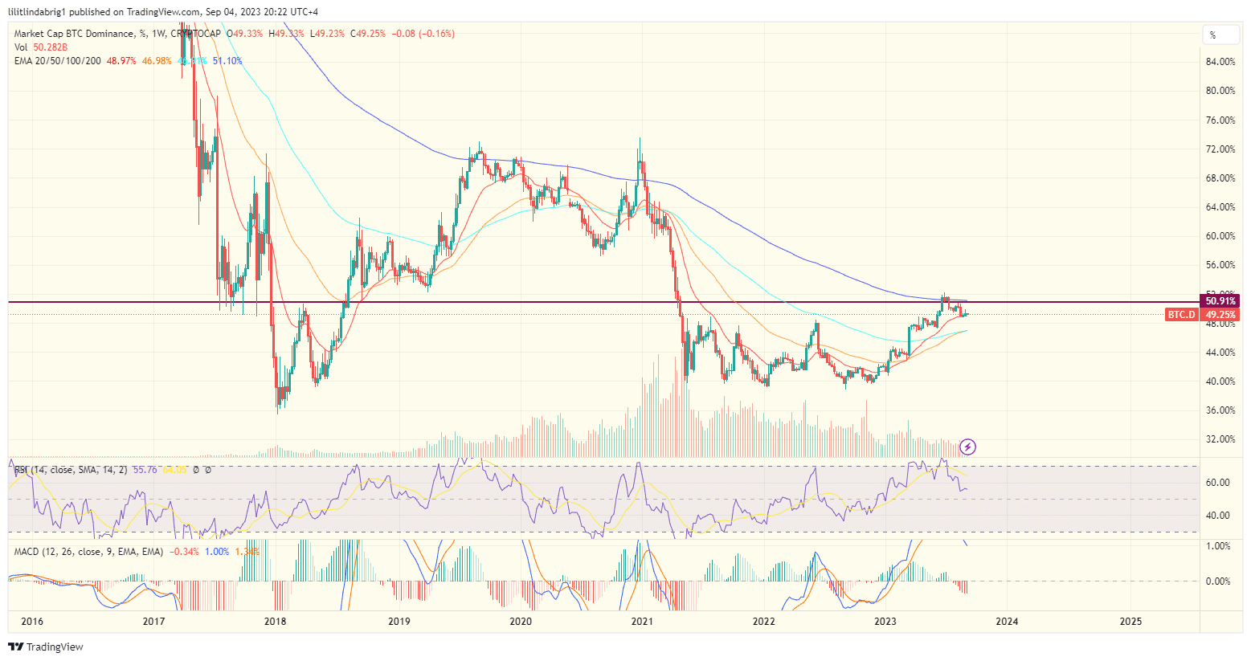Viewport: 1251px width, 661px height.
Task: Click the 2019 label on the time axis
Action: tap(399, 621)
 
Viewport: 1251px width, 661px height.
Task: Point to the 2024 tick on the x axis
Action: tap(1007, 621)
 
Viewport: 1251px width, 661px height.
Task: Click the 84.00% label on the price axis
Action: tap(1220, 62)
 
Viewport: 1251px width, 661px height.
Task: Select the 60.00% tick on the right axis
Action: tap(1220, 236)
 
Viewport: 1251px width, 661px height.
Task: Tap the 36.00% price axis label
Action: tap(1220, 410)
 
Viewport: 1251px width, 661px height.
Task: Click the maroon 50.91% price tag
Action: tap(1220, 301)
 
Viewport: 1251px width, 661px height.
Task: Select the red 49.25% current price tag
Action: tap(1220, 315)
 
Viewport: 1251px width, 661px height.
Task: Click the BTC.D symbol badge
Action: tap(1181, 315)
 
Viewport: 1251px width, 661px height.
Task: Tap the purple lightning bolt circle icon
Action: tap(968, 447)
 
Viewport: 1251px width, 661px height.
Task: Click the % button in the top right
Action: tap(1212, 35)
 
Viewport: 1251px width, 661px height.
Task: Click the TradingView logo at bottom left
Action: tap(46, 647)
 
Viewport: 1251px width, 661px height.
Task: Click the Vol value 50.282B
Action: tap(50, 47)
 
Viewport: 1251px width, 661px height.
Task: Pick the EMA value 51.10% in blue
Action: tap(227, 61)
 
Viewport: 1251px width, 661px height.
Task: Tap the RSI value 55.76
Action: tap(145, 469)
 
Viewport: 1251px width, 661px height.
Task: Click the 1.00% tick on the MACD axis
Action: tap(1219, 546)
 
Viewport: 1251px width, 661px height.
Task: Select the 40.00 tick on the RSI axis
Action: tap(1219, 516)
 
